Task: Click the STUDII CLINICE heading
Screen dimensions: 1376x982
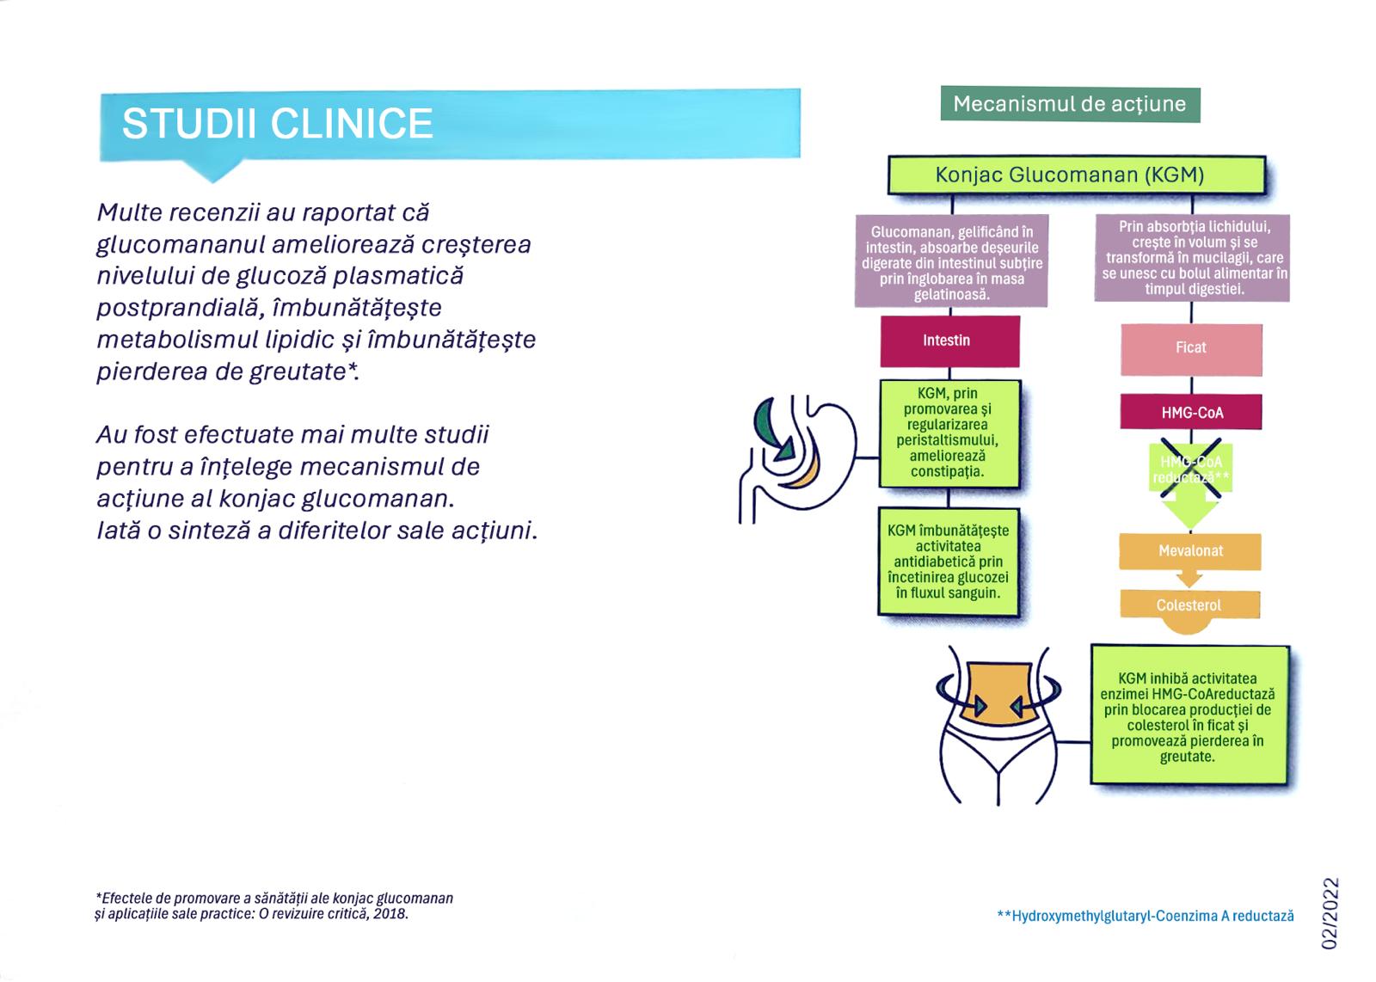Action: click(278, 124)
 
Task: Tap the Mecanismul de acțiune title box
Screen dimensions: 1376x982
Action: click(1070, 104)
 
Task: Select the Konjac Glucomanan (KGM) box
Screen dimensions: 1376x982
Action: click(1077, 175)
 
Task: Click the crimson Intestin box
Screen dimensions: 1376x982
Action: click(949, 341)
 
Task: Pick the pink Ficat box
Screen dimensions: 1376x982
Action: click(1191, 349)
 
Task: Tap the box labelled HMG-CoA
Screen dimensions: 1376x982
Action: click(1191, 412)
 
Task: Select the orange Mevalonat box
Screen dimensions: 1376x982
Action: click(1190, 551)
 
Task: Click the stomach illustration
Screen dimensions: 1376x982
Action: click(797, 458)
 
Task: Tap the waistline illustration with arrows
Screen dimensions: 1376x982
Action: click(998, 725)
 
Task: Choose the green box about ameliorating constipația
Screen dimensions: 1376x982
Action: click(949, 433)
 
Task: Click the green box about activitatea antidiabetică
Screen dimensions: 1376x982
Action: click(949, 562)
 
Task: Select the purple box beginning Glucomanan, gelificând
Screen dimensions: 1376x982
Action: click(951, 261)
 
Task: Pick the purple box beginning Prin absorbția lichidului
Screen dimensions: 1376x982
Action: click(1192, 258)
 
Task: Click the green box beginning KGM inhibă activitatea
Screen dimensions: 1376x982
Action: click(1189, 715)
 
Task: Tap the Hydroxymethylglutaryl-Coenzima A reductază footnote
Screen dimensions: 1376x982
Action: click(1146, 916)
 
